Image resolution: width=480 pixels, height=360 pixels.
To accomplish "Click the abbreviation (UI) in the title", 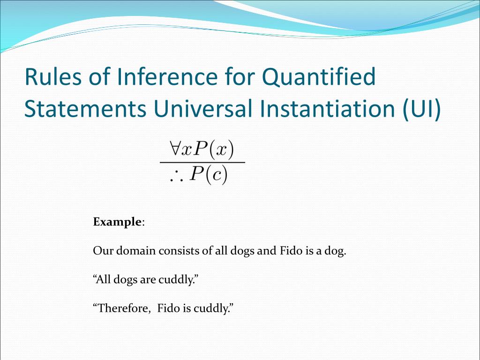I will pyautogui.click(x=421, y=109).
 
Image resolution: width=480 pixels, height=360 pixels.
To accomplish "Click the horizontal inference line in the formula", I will pyautogui.click(x=202, y=162).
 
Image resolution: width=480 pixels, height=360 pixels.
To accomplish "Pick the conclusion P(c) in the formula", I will pyautogui.click(x=209, y=175).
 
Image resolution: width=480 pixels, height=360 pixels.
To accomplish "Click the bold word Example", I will pyautogui.click(x=117, y=222).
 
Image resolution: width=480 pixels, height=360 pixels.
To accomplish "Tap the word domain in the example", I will pyautogui.click(x=136, y=251).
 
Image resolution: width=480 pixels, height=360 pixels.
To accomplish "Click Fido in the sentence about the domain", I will pyautogui.click(x=291, y=251).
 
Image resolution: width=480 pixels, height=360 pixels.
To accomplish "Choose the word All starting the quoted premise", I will pyautogui.click(x=103, y=280).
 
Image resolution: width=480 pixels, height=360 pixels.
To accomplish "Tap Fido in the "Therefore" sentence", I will pyautogui.click(x=168, y=308).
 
